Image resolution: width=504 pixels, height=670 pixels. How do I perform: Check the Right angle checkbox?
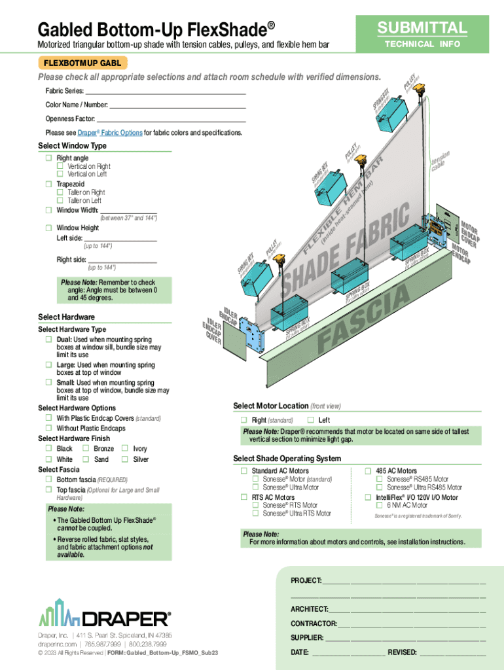(x=48, y=158)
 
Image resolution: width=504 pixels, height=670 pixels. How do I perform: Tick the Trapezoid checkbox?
(x=48, y=185)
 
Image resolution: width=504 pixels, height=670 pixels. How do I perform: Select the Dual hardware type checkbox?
(x=48, y=340)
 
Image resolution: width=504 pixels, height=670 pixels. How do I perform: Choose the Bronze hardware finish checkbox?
(x=85, y=449)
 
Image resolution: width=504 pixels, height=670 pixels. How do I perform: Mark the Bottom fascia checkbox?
(x=48, y=480)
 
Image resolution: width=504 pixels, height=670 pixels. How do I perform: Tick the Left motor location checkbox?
(x=311, y=420)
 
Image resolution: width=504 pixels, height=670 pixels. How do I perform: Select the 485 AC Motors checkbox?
(x=369, y=471)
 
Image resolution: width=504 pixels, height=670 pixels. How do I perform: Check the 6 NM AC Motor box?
(x=380, y=506)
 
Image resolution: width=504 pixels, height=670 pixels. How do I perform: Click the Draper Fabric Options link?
(x=110, y=133)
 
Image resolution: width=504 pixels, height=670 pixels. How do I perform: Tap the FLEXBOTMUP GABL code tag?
(x=82, y=63)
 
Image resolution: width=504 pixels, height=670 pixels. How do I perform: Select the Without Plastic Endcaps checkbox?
(x=48, y=429)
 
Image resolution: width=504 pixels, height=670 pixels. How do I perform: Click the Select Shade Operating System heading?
(x=287, y=458)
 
